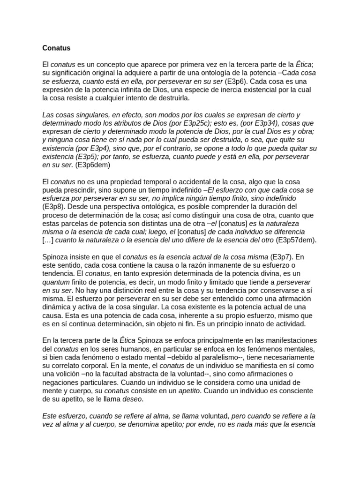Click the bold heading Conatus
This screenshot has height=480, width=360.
(56, 47)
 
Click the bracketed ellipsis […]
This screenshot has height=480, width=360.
(48, 240)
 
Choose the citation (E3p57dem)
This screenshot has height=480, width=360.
(296, 240)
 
